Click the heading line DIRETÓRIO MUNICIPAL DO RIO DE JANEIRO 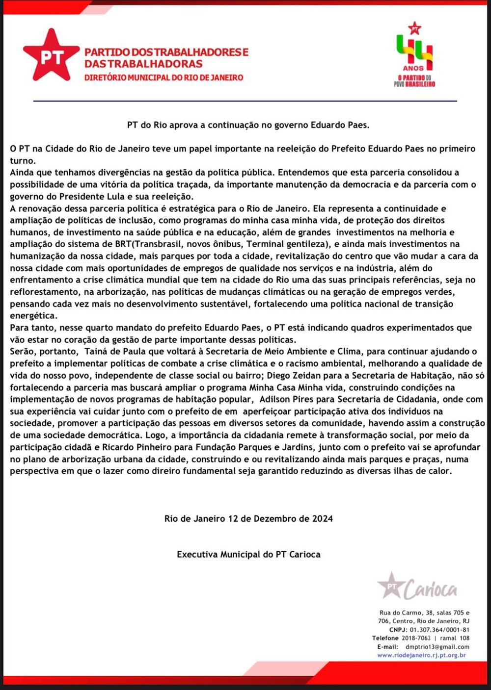click(164, 77)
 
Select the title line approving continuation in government click(248, 125)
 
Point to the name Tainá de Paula click(115, 351)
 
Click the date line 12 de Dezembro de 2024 click(248, 518)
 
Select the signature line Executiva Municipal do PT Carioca click(248, 554)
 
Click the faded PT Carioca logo click(417, 587)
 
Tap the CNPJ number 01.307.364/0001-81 click(439, 630)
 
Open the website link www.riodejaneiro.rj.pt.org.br click(421, 655)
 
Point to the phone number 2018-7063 click(416, 638)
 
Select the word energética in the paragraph click(33, 316)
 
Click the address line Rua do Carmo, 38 click(424, 613)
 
